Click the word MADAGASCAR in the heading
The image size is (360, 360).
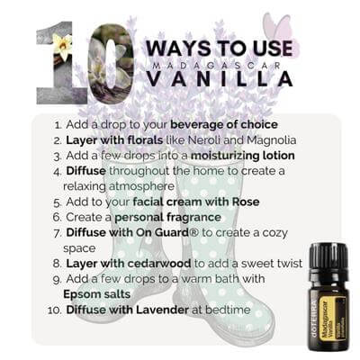click(219, 65)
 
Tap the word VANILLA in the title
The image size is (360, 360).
click(220, 79)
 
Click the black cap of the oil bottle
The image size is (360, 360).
click(328, 257)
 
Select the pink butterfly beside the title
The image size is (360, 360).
click(277, 27)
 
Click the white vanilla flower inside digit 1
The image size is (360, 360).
click(63, 46)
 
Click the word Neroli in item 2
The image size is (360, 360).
click(205, 140)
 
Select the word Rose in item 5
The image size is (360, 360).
click(246, 202)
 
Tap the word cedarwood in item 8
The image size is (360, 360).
click(159, 264)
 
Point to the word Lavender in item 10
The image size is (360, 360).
click(162, 310)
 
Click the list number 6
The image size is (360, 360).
click(57, 217)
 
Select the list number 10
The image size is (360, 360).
click(55, 310)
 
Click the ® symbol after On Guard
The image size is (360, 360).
click(194, 232)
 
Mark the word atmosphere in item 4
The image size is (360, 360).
click(141, 186)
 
